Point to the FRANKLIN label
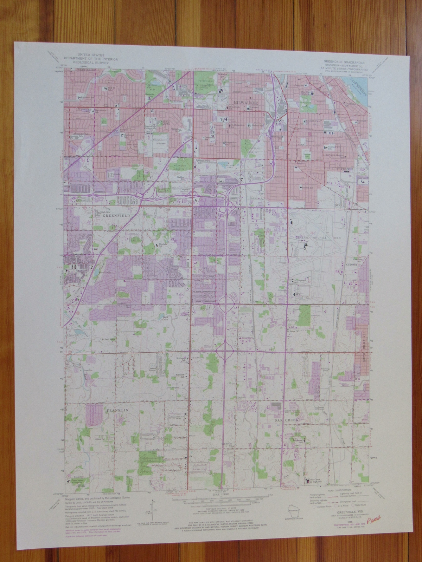[115, 410]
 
